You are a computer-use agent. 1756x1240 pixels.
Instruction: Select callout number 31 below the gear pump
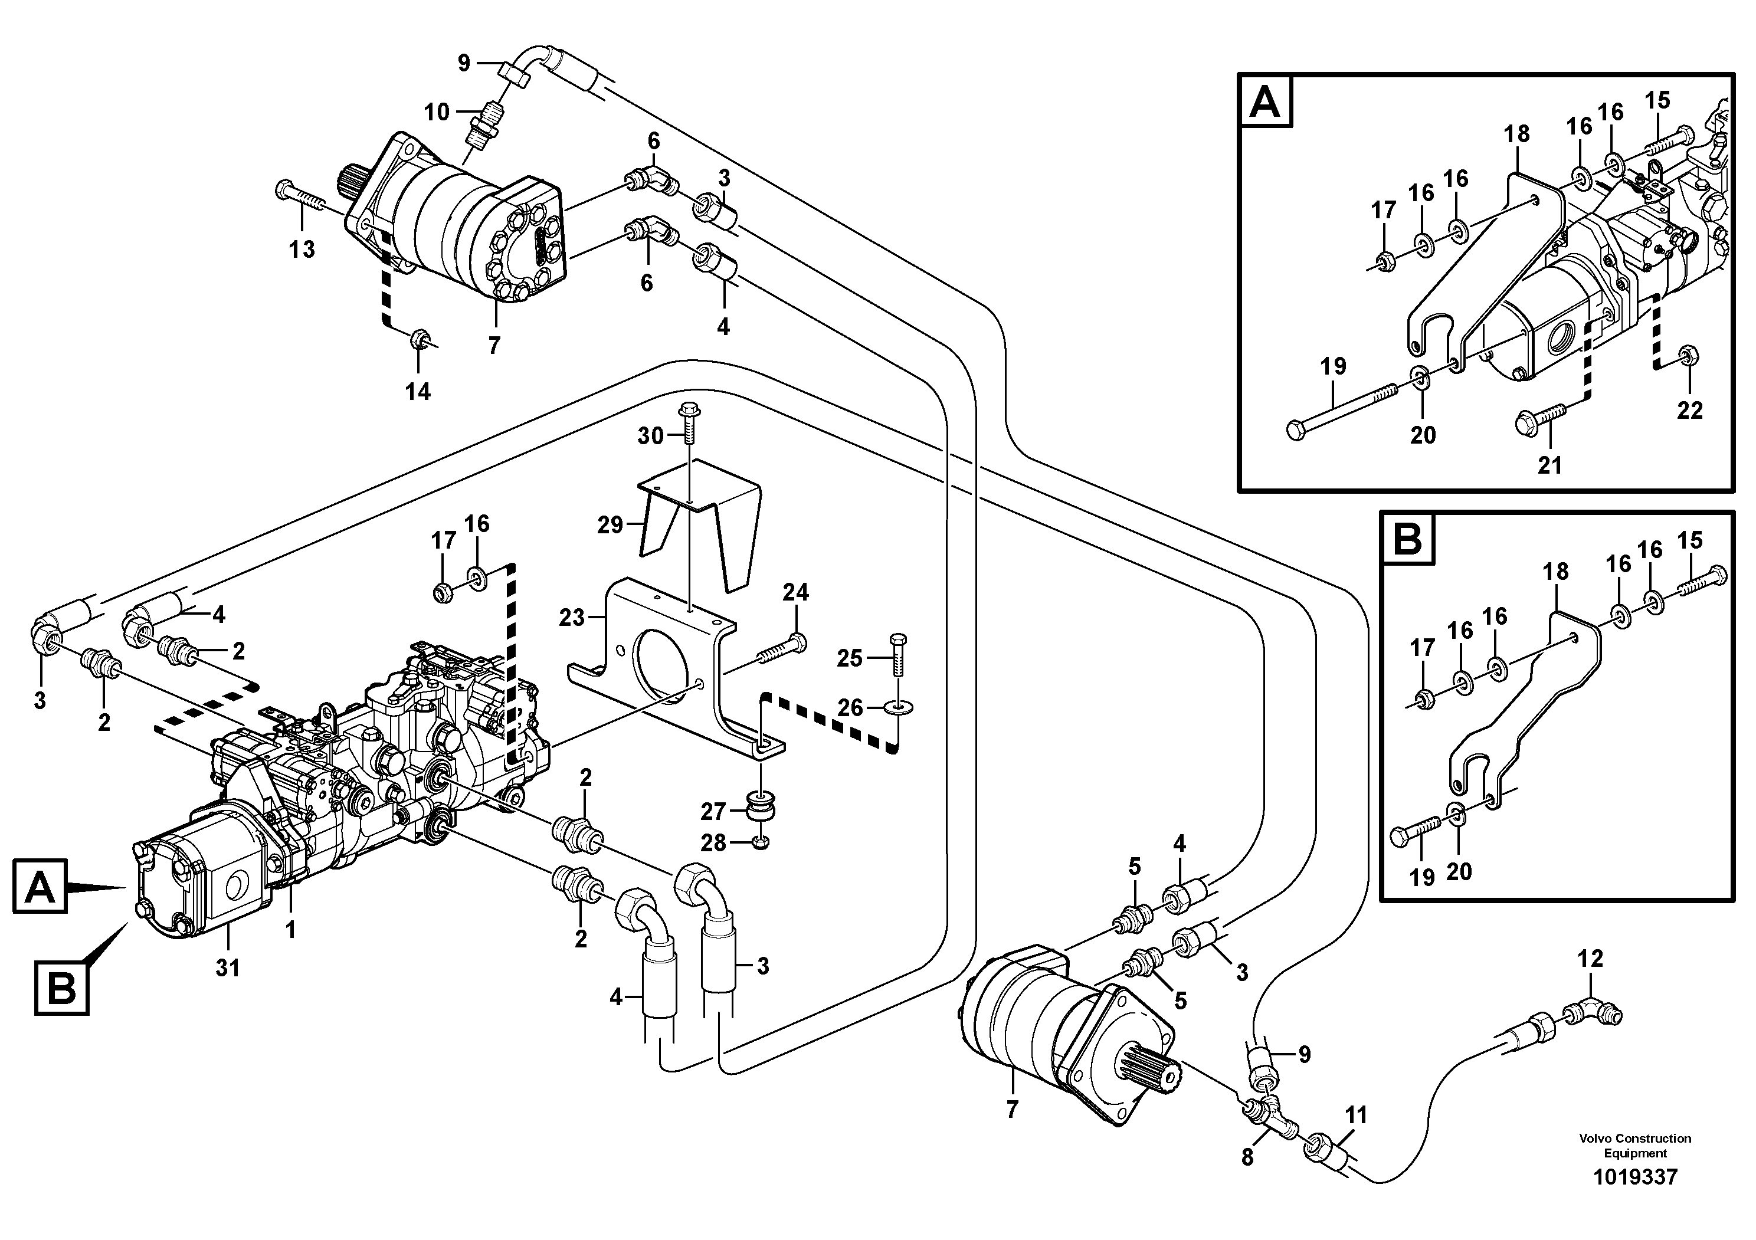(x=227, y=968)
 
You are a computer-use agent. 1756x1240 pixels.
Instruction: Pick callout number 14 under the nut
(x=418, y=392)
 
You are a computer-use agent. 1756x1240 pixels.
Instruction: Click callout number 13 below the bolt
(x=302, y=249)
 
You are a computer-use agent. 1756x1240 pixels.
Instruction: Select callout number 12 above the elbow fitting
(x=1590, y=958)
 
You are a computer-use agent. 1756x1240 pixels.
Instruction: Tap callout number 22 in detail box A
(x=1691, y=411)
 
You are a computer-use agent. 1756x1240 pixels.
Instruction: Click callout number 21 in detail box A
(x=1549, y=464)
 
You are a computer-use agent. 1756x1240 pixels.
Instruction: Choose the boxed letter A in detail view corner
(x=1265, y=101)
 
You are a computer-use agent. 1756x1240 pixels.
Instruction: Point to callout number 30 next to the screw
(x=650, y=436)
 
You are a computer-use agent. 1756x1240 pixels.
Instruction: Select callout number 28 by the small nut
(x=713, y=842)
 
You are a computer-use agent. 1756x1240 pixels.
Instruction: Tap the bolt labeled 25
(x=898, y=654)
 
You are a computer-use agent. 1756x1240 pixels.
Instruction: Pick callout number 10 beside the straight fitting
(x=437, y=113)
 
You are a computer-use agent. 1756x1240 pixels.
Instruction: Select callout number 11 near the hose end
(x=1356, y=1116)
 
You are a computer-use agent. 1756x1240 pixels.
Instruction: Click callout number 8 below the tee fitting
(x=1247, y=1157)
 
